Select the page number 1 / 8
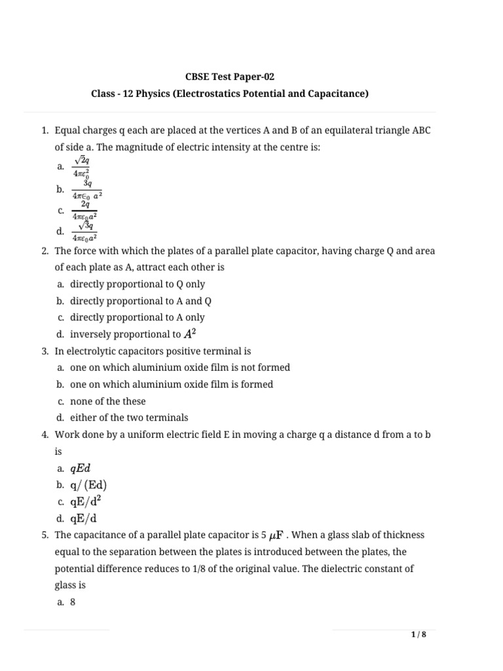(x=419, y=634)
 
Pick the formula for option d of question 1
(x=84, y=232)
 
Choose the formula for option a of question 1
(x=84, y=167)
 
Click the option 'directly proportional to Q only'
(x=137, y=284)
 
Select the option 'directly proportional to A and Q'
(x=141, y=301)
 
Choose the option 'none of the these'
(x=108, y=401)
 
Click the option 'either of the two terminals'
(x=129, y=417)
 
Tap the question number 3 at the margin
(x=45, y=351)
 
